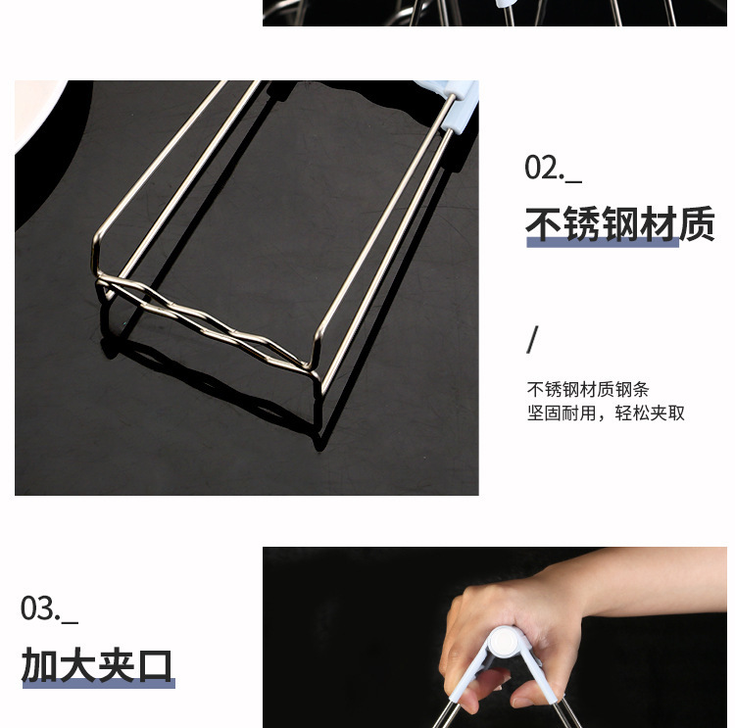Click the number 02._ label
pos(553,168)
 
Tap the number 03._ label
pos(49,608)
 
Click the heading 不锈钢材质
pos(619,224)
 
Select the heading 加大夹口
pos(97,665)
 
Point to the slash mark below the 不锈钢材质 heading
pos(532,340)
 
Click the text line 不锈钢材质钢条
pos(587,389)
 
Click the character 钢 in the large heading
pos(619,224)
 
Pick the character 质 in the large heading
pos(696,224)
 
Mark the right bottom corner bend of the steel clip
pos(316,364)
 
